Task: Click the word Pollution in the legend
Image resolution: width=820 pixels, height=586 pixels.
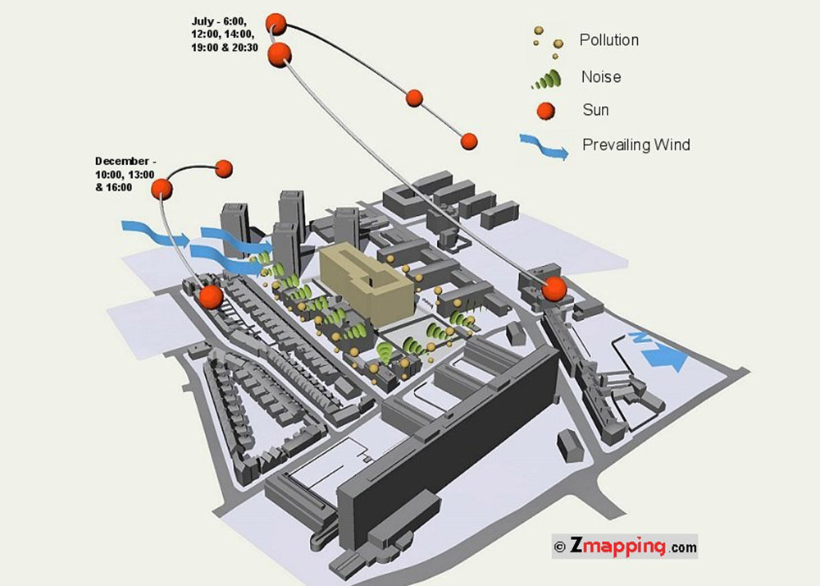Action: tap(608, 40)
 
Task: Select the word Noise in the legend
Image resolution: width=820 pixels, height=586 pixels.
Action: tap(601, 77)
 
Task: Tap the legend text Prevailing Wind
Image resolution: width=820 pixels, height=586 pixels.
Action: tap(636, 144)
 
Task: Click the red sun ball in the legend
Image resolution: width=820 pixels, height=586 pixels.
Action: tap(546, 111)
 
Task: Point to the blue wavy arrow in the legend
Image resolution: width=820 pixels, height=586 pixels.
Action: tap(544, 146)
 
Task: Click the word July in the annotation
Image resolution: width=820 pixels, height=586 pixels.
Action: tap(203, 21)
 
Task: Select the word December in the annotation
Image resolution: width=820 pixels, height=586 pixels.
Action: tap(122, 161)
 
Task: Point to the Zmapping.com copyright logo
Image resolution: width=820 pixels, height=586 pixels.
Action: tap(624, 547)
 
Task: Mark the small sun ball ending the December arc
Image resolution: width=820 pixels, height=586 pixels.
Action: tap(224, 168)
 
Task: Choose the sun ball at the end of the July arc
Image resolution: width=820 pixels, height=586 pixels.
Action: tap(469, 141)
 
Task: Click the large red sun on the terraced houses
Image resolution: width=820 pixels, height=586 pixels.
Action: tap(212, 296)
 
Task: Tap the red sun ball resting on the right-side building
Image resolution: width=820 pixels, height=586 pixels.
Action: tap(554, 289)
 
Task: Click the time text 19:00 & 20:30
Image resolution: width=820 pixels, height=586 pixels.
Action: tap(225, 48)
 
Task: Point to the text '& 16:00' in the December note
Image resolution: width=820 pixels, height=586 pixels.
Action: tap(113, 187)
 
